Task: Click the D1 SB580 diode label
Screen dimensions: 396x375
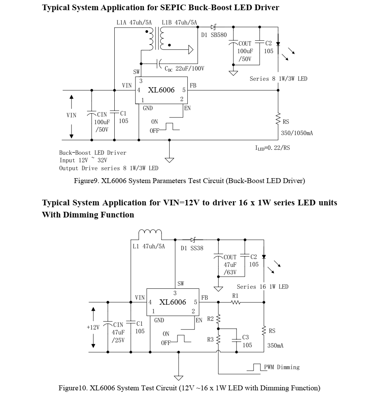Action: pyautogui.click(x=214, y=35)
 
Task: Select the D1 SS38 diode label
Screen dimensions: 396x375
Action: pyautogui.click(x=192, y=248)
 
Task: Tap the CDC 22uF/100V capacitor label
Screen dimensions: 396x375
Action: pyautogui.click(x=184, y=69)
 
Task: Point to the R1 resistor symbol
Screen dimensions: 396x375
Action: pyautogui.click(x=236, y=302)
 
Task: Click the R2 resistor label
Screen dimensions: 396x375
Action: pyautogui.click(x=210, y=319)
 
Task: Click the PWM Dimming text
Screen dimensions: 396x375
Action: pyautogui.click(x=282, y=367)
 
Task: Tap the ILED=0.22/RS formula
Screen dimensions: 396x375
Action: pyautogui.click(x=272, y=148)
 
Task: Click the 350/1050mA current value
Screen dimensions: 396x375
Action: pyautogui.click(x=297, y=133)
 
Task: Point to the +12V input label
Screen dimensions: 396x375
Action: pyautogui.click(x=93, y=327)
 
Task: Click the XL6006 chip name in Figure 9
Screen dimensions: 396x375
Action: pyautogui.click(x=161, y=90)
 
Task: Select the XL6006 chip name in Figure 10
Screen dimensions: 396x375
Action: pyautogui.click(x=173, y=302)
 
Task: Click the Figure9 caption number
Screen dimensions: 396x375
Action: pyautogui.click(x=86, y=181)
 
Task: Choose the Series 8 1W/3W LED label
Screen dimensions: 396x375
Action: pyautogui.click(x=278, y=79)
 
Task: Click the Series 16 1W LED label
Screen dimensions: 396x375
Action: pyautogui.click(x=262, y=287)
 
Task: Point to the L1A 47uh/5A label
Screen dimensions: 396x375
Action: pyautogui.click(x=134, y=23)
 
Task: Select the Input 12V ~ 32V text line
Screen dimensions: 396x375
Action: pyautogui.click(x=83, y=160)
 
